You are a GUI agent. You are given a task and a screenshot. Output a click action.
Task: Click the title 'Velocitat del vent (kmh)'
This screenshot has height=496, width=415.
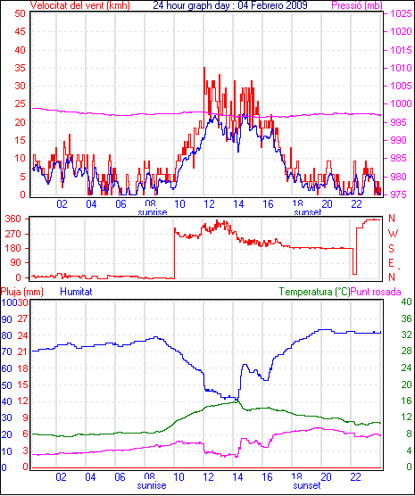tap(79, 5)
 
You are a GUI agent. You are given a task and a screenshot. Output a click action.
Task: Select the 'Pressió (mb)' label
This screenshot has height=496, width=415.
tap(357, 5)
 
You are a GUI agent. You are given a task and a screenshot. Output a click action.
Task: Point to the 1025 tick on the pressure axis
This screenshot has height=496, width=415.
tap(401, 13)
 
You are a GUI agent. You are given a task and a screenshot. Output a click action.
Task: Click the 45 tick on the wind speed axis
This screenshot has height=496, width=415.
tap(20, 31)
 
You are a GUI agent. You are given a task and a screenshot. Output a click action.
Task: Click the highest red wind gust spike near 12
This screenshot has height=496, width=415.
tap(204, 68)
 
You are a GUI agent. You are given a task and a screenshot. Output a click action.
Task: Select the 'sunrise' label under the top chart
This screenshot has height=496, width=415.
tap(153, 212)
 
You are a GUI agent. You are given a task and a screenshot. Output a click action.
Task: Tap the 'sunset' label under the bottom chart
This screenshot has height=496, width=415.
tap(307, 485)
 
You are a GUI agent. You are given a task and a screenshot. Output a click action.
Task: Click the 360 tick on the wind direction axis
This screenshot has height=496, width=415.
tap(14, 219)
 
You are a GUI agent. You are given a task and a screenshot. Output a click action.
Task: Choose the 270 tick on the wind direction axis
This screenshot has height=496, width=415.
tap(14, 234)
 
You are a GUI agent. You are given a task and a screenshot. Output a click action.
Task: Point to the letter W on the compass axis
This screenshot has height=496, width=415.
tap(393, 234)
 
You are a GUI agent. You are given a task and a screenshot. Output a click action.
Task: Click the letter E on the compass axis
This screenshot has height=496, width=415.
tap(391, 263)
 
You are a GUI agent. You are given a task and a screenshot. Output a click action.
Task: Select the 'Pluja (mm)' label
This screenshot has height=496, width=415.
tap(21, 292)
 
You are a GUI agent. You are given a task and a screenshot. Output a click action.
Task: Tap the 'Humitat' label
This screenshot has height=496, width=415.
tap(76, 292)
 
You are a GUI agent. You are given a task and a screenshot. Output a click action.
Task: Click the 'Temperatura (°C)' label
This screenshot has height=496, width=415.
tap(314, 292)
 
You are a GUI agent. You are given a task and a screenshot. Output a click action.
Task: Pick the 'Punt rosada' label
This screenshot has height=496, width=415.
tap(376, 292)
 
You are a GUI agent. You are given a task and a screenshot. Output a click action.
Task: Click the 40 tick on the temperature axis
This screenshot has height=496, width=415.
tap(406, 302)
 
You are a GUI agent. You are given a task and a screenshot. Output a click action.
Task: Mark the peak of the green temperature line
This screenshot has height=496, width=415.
tap(237, 401)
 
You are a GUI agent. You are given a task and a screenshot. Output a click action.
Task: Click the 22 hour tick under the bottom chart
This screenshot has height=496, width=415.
tap(355, 476)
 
